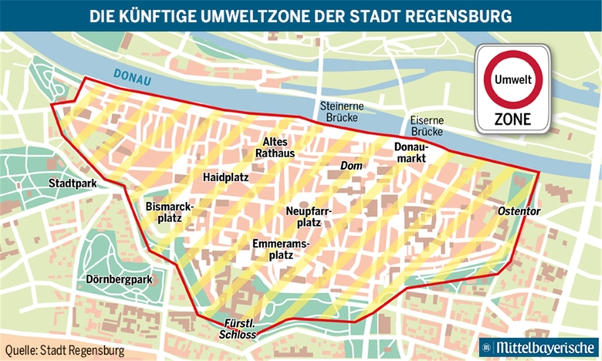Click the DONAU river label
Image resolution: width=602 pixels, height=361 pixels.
pos(130,75)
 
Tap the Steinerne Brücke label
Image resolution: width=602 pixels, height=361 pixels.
pos(343,113)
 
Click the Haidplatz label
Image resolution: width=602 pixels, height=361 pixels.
pos(225,177)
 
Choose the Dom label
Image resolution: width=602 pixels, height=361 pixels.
pos(351,166)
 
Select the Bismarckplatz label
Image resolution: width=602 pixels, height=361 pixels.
pos(168,212)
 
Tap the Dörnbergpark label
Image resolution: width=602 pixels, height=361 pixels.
pos(120,279)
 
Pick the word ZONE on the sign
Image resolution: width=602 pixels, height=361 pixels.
pos(513,120)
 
